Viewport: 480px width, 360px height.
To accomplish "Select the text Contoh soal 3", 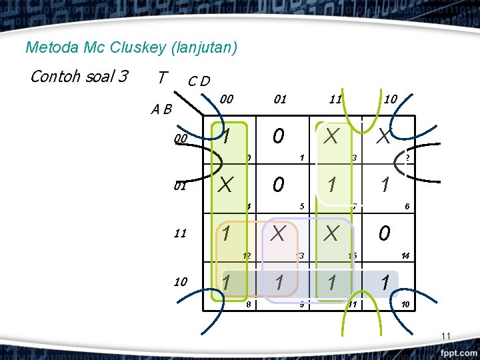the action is pyautogui.click(x=79, y=76).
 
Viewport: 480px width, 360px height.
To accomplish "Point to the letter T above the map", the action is pyautogui.click(x=161, y=78).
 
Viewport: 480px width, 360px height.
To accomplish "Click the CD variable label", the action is pyautogui.click(x=199, y=81).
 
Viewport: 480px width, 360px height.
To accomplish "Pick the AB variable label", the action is pyautogui.click(x=160, y=109).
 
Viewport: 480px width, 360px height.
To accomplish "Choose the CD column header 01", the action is pyautogui.click(x=279, y=99).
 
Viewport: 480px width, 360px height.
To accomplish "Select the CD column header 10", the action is pyautogui.click(x=390, y=99).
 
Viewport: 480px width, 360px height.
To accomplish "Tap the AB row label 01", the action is pyautogui.click(x=180, y=186).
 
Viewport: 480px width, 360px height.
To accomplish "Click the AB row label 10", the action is pyautogui.click(x=180, y=281).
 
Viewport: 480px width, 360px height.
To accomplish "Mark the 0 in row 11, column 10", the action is pyautogui.click(x=384, y=233).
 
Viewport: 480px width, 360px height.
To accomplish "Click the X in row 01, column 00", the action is pyautogui.click(x=226, y=185).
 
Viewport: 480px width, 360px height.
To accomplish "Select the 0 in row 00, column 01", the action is pyautogui.click(x=279, y=137).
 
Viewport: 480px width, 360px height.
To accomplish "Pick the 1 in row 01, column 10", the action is pyautogui.click(x=384, y=185).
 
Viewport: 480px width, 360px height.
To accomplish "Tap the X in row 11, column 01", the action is pyautogui.click(x=279, y=233).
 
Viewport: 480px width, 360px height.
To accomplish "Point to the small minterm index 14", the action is pyautogui.click(x=405, y=255).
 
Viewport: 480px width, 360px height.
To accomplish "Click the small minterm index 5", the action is pyautogui.click(x=302, y=206).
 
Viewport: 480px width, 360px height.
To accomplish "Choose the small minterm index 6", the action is pyautogui.click(x=407, y=206).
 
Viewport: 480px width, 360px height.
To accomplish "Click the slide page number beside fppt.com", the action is pyautogui.click(x=447, y=335).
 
